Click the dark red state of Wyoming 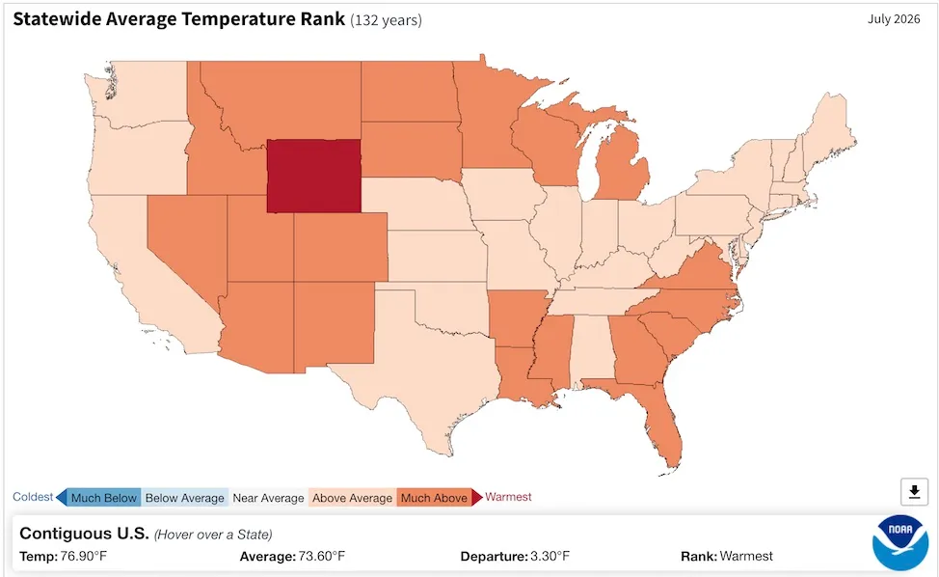coord(313,177)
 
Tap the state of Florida coord(656,412)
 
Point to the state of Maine coord(829,129)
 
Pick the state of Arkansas coord(517,318)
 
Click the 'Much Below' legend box coord(103,498)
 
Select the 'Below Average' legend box coord(184,498)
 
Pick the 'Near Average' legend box coord(268,498)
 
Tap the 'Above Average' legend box coord(352,498)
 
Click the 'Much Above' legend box coord(434,498)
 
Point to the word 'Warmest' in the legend coord(508,497)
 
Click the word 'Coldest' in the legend coord(33,497)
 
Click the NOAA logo coord(900,542)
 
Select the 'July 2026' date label coord(894,19)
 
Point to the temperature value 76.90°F coord(84,556)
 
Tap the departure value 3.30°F coord(550,556)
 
